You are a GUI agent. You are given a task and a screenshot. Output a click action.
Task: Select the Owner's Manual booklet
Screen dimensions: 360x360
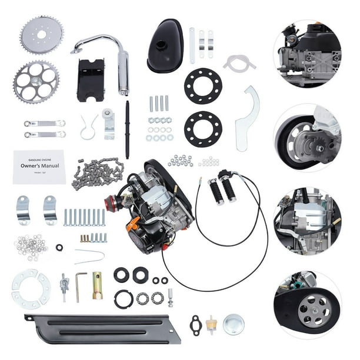pos(39,166)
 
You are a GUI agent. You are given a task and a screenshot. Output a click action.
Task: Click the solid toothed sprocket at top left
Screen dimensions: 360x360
pos(41,35)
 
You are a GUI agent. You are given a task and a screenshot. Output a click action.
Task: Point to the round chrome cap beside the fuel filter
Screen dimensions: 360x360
pos(233,324)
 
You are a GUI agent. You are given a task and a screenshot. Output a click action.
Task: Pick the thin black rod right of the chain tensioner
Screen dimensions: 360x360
pos(127,129)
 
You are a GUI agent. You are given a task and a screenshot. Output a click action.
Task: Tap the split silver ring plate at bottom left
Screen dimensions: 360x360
pos(31,289)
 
